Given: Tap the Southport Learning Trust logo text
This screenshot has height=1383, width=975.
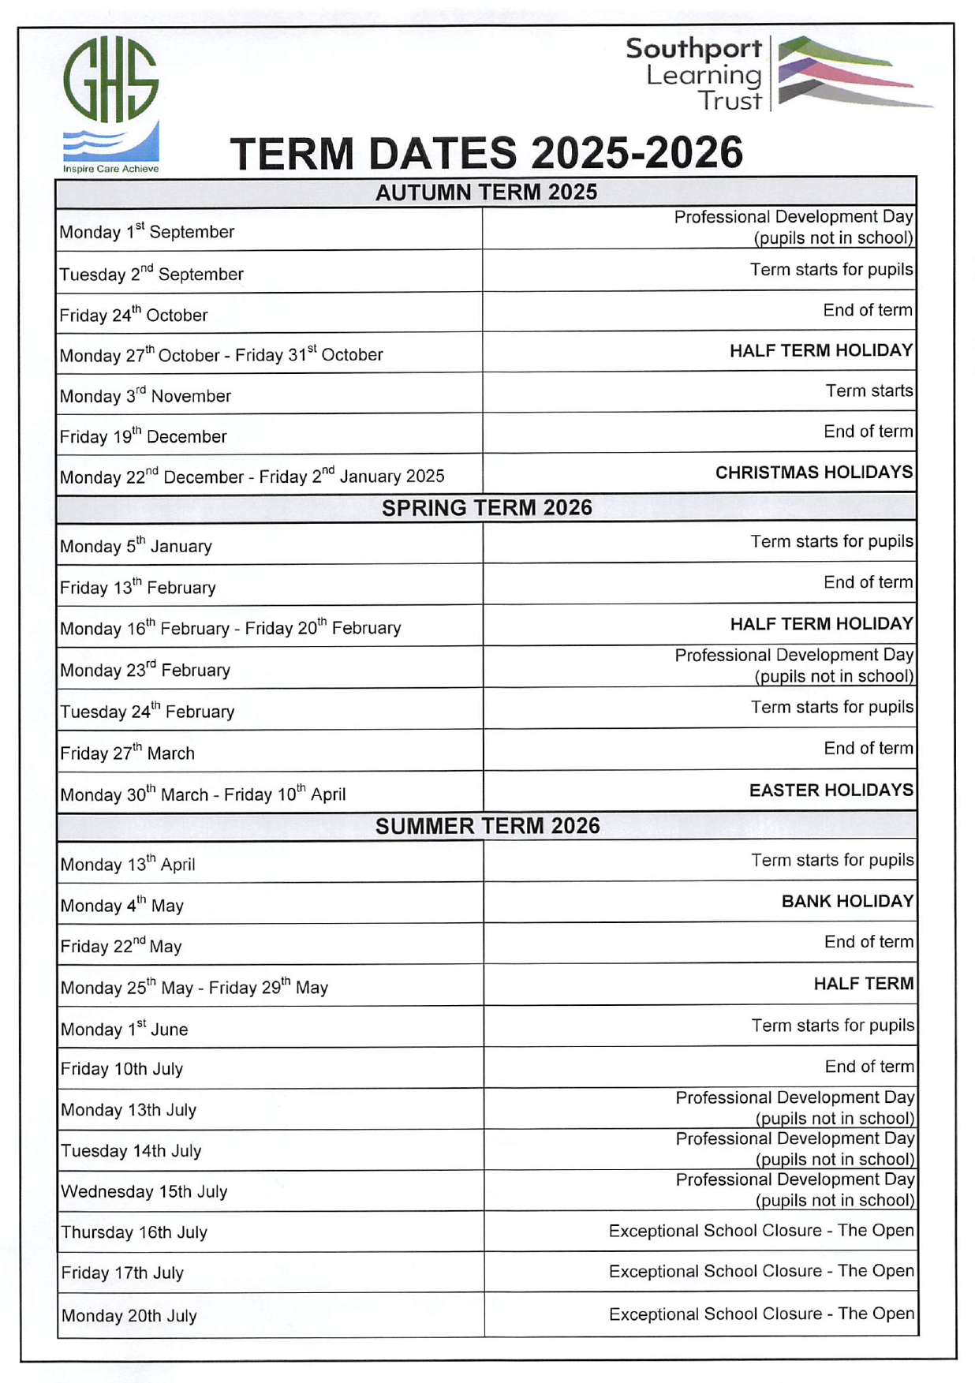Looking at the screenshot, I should (x=694, y=74).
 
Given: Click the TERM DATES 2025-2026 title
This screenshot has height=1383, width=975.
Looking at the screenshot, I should (x=486, y=153).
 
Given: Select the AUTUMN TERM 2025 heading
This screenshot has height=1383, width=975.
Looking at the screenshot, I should (x=486, y=192).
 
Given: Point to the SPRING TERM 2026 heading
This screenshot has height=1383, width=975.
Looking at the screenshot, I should (x=486, y=507).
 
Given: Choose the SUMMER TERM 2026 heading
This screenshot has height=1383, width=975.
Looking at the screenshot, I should (x=487, y=826).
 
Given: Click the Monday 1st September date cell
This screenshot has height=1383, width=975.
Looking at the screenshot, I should (x=147, y=232).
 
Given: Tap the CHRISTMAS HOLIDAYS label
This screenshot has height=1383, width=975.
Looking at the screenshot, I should (x=813, y=473).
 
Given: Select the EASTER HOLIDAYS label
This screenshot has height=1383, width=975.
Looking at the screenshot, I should (x=831, y=791).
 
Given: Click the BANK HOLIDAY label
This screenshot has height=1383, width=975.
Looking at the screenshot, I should (x=847, y=902).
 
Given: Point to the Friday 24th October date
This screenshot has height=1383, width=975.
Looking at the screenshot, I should (x=133, y=316).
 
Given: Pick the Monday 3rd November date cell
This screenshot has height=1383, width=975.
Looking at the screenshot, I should (x=145, y=396).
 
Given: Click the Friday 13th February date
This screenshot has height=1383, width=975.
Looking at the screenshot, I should (x=137, y=588).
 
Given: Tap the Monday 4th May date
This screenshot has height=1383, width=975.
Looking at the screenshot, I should (x=121, y=906).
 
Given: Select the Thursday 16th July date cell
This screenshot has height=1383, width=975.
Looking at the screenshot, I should (x=134, y=1232).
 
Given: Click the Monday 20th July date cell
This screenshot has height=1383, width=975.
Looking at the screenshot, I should (x=129, y=1316).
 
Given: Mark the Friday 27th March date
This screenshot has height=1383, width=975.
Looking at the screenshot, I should (x=127, y=753).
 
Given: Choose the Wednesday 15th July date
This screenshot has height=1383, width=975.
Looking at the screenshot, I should (x=144, y=1191).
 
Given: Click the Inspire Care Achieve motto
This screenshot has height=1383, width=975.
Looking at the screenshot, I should (x=110, y=169).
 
